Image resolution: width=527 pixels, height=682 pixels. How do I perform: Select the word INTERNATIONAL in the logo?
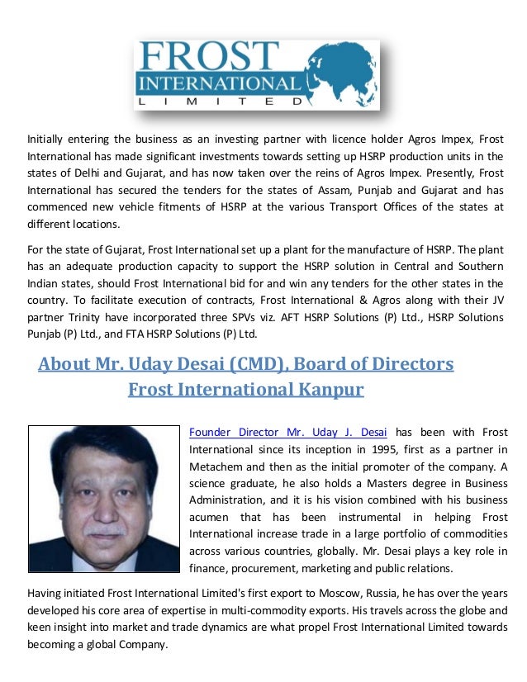coord(219,84)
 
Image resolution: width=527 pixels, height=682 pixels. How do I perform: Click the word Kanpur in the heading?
coord(325,388)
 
